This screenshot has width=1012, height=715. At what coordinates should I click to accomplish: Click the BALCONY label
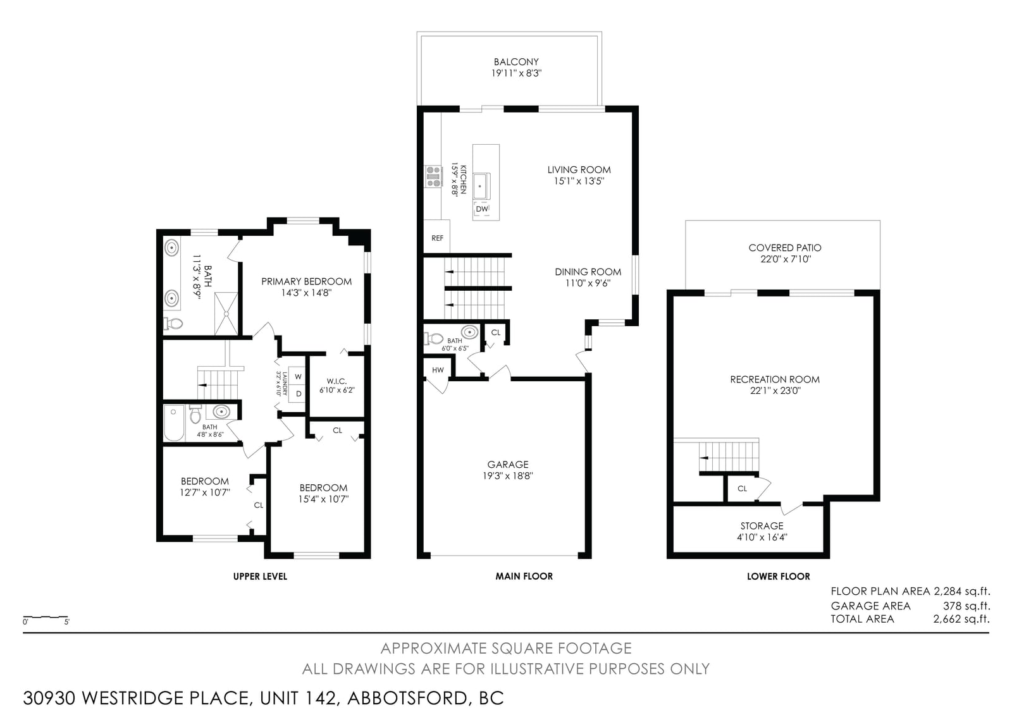click(516, 62)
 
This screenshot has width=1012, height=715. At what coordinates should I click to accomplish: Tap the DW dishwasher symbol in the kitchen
click(482, 209)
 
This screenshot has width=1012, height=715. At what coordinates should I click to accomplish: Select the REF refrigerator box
click(437, 237)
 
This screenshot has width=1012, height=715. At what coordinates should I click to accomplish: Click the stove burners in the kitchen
click(433, 176)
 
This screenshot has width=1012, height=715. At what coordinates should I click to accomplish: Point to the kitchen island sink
click(482, 186)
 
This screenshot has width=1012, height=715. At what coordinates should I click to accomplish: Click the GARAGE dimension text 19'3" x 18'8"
click(508, 475)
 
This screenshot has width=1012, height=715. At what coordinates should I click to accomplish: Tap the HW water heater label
click(438, 370)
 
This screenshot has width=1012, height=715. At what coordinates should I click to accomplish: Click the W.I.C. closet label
click(337, 381)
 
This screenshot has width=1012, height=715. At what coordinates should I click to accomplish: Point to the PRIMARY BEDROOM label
click(306, 281)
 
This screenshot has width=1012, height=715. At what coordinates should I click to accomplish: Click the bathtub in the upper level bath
click(175, 423)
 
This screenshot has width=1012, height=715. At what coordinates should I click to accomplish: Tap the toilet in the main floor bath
click(434, 338)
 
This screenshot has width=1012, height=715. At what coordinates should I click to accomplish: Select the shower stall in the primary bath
click(226, 314)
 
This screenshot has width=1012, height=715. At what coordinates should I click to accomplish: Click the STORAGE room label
click(762, 526)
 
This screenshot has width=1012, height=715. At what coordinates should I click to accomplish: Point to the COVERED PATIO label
click(785, 248)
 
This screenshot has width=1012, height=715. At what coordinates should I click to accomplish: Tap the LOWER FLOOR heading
click(779, 577)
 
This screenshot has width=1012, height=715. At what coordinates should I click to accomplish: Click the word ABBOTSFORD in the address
click(407, 698)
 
